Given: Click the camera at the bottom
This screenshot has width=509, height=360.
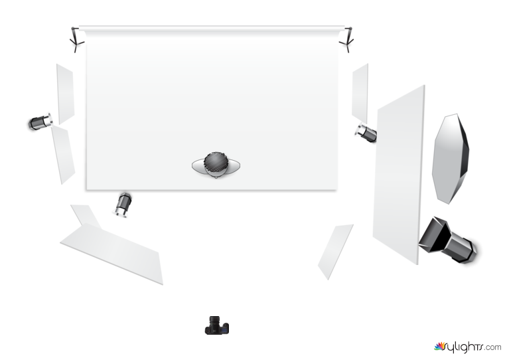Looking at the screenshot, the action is point(217,325).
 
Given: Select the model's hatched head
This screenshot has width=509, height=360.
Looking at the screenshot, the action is point(215,163).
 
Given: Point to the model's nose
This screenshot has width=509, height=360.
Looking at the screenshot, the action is point(216,177).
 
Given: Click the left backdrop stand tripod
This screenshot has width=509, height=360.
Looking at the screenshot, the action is point(76,40).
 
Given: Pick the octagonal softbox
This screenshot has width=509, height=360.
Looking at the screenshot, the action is point(451,159).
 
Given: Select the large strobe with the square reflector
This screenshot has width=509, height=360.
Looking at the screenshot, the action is point(447,240).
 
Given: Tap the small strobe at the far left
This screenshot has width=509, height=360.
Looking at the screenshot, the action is point(40,122).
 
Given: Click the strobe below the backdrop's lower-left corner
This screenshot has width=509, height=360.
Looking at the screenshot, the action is point(123,205).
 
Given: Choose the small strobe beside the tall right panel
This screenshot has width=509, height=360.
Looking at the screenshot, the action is point(366,132).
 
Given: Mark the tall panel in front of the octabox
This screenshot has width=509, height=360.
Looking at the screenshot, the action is point(399,175).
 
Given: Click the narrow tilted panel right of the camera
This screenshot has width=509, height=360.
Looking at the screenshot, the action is point(335,252).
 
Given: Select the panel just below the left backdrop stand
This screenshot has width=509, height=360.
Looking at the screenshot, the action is point(65,94).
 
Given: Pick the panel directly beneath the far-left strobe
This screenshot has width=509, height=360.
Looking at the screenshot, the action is point(63,154).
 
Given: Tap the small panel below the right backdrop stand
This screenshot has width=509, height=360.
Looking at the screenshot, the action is point(360,93).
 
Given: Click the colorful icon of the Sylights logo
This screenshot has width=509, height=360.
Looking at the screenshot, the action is point(439,347).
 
